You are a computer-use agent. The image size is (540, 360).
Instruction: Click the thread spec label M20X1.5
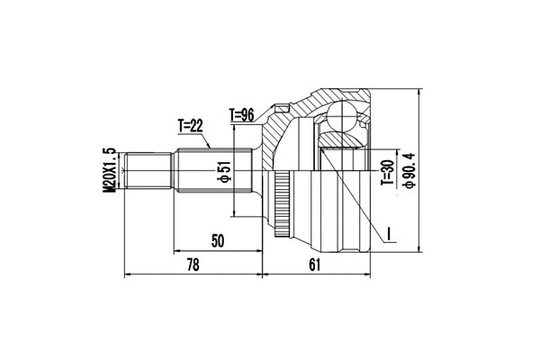(x=111, y=169)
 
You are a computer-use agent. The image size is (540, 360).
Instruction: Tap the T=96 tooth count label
(x=244, y=114)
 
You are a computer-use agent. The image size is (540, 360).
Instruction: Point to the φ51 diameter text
(x=225, y=171)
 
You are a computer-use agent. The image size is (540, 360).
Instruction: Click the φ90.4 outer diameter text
(x=411, y=169)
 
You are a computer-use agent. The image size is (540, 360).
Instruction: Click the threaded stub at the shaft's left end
(x=148, y=171)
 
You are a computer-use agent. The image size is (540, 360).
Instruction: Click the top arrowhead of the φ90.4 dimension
(x=420, y=91)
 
